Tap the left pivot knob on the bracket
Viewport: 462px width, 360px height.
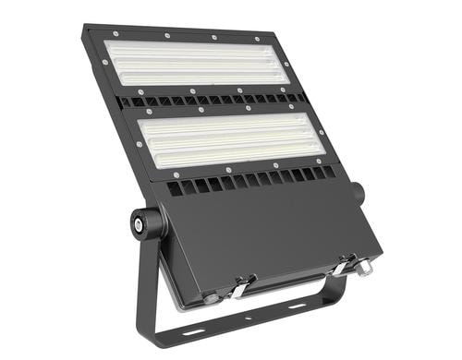pos(142,222)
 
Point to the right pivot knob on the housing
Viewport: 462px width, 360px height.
pos(357,193)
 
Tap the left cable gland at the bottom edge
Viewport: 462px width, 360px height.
pos(212,297)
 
